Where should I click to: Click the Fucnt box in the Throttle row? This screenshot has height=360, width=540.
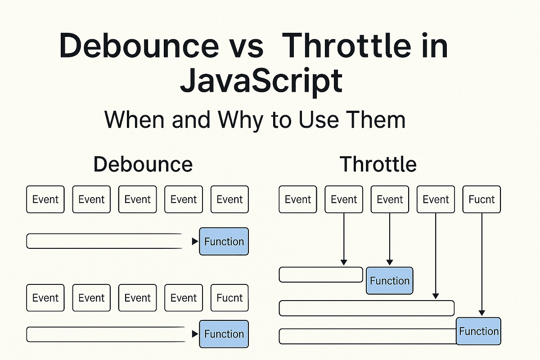[x=481, y=199]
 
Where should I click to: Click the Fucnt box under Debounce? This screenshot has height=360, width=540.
[x=229, y=297]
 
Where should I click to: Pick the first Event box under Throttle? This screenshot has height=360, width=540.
[x=298, y=199]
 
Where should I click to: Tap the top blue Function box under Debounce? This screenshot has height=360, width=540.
[x=224, y=242]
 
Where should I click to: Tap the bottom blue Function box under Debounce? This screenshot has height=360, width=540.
[x=224, y=334]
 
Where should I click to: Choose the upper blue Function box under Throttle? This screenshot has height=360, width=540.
[x=389, y=281]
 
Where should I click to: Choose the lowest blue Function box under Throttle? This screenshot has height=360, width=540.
[x=478, y=331]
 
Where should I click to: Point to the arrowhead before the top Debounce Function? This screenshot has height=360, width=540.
[x=194, y=242]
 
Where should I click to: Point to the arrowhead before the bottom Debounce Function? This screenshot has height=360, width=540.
[x=194, y=334]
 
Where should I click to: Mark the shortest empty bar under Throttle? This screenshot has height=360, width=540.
[x=320, y=274]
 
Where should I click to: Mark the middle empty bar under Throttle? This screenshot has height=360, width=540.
[x=366, y=308]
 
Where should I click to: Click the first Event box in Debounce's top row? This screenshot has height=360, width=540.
[x=45, y=199]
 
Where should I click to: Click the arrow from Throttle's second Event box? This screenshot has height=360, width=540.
[x=344, y=238]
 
